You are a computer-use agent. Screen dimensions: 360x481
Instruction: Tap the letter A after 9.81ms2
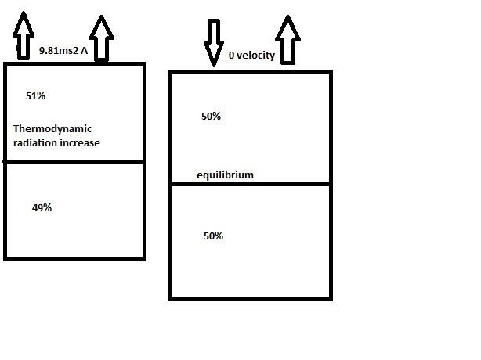point(82,51)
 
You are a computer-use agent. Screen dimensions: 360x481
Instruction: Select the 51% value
point(35,95)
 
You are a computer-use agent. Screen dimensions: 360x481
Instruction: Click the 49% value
point(42,207)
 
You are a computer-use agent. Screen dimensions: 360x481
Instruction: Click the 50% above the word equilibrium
point(211,116)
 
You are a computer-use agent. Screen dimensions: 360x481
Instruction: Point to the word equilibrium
point(225,175)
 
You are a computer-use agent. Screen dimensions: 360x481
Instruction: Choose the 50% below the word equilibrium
point(212,236)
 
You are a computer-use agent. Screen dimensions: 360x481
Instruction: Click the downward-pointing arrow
point(213,40)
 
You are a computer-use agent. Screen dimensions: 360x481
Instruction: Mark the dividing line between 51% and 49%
point(74,161)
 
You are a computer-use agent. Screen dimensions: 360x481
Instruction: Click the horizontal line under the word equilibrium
point(251,184)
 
